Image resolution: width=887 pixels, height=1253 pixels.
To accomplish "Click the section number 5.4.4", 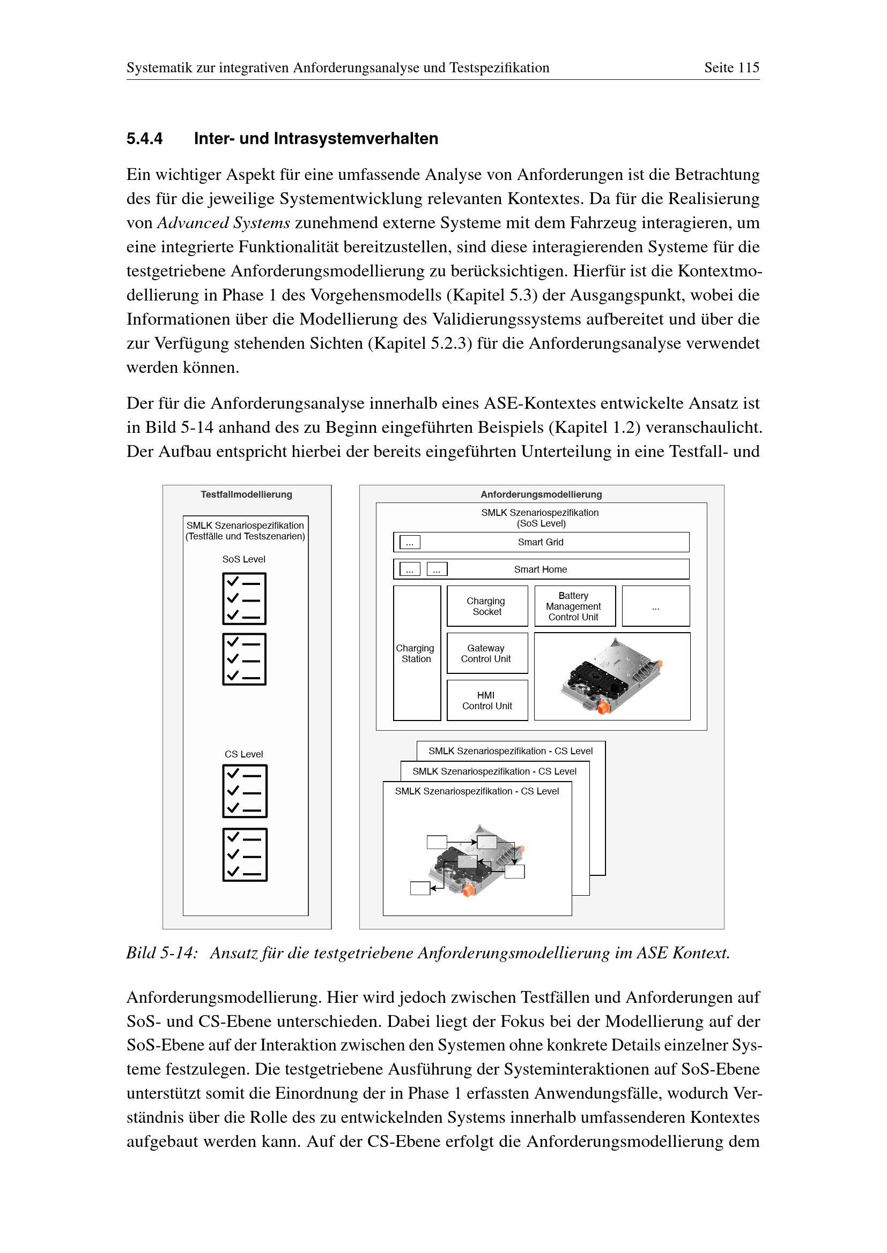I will (144, 139).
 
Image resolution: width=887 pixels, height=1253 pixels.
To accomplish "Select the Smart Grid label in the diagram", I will (540, 542).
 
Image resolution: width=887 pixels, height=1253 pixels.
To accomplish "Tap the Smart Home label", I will (540, 569).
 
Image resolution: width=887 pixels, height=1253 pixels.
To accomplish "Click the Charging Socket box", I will (486, 606).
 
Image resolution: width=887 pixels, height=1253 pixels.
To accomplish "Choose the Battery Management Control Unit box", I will (574, 606).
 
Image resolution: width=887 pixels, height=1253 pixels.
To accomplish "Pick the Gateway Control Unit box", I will (486, 653).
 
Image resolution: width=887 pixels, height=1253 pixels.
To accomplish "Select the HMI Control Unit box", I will (486, 700).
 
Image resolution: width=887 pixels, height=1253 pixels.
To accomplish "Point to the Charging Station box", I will (416, 653).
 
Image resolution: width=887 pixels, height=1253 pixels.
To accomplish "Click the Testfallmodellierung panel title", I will (246, 494).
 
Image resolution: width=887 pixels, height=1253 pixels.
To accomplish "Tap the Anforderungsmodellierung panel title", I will (541, 494).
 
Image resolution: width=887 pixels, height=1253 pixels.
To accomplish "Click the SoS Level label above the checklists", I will (243, 559).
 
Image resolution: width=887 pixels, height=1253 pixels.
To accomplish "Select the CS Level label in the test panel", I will (243, 754).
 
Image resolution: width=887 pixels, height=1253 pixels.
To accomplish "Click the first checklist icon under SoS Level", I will (244, 599).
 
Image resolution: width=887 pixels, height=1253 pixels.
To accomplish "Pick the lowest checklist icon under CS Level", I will (245, 854).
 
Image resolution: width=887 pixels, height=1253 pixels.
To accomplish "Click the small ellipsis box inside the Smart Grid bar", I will (410, 543).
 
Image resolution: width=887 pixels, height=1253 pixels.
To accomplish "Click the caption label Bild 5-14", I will (161, 953).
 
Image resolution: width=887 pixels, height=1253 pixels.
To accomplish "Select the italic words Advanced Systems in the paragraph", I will (224, 223).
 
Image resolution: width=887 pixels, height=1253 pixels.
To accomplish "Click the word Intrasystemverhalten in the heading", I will (356, 139).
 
